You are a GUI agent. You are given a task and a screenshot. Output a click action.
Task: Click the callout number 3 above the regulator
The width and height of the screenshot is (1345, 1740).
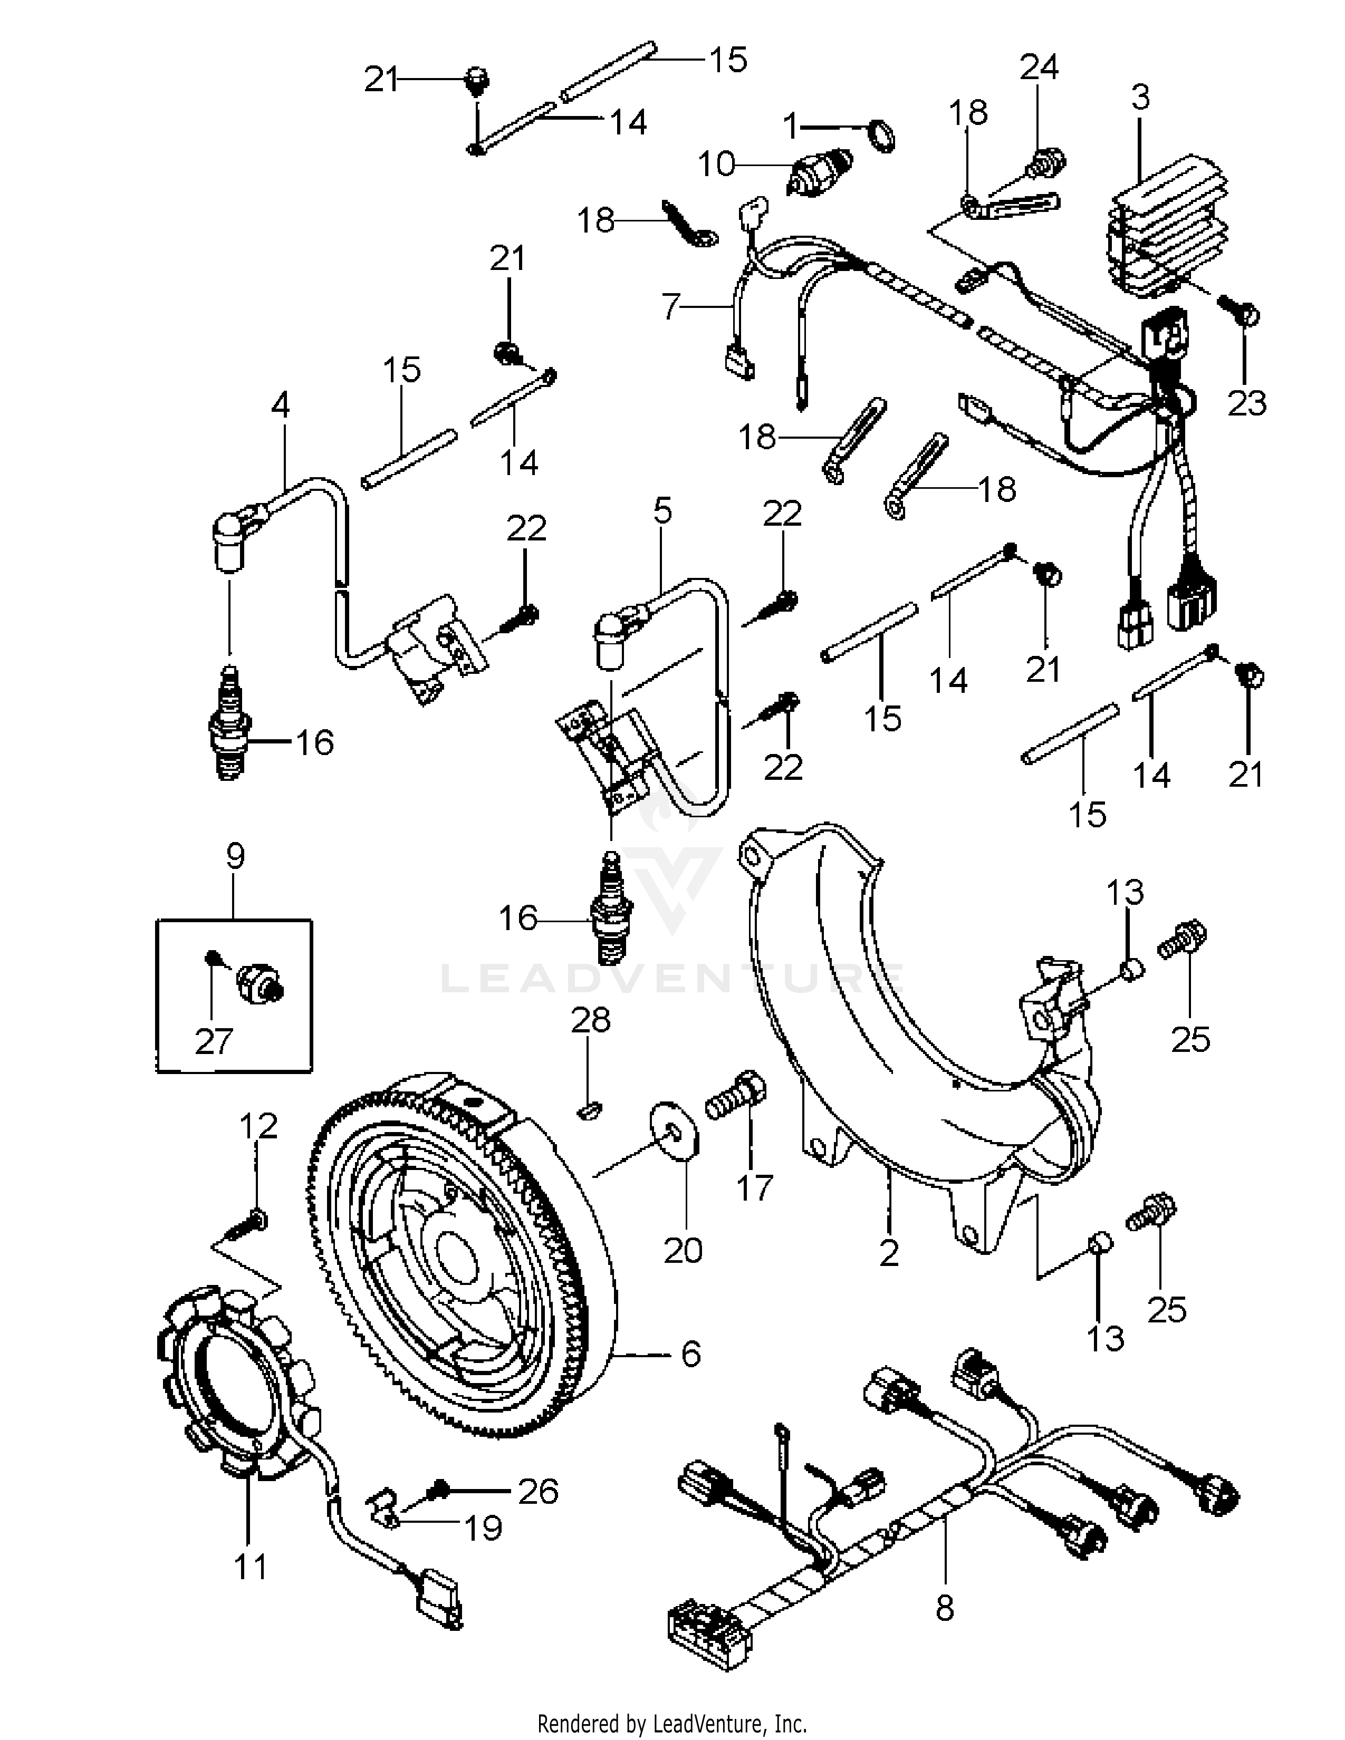1140,98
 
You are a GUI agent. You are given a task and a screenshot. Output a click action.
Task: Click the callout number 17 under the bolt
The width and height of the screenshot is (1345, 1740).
754,1188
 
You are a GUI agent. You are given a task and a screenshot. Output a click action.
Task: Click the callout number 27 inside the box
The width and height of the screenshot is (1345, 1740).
214,1040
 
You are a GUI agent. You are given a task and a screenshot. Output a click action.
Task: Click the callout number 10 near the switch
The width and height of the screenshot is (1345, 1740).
716,165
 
